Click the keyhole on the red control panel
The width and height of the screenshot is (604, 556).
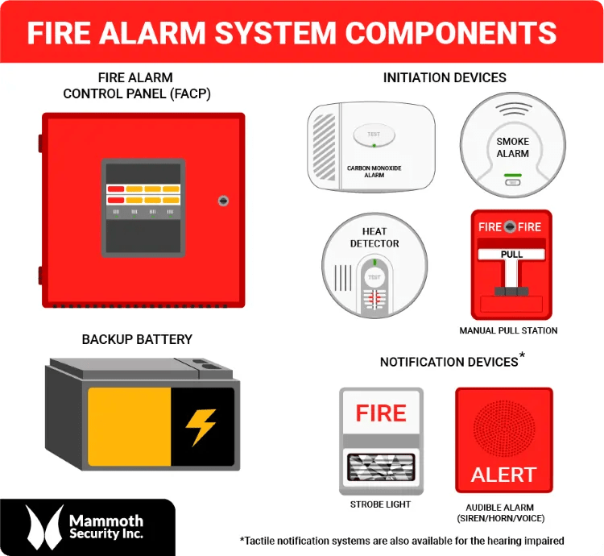point(223,201)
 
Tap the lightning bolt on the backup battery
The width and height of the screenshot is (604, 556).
point(201,427)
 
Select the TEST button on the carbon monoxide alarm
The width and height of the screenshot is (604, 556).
point(374,135)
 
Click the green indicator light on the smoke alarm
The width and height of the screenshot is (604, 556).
point(512,174)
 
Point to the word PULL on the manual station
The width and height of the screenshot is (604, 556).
point(511,255)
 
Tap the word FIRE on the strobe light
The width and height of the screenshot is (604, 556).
point(381,413)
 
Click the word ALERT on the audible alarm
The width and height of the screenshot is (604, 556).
point(503,475)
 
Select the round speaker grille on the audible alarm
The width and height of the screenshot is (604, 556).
point(504,428)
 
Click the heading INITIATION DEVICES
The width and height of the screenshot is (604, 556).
point(445,78)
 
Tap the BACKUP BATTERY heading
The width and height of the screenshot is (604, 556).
point(137,339)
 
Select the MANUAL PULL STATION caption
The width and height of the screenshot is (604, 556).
point(508,331)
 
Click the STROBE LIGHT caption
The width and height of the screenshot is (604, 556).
point(380,505)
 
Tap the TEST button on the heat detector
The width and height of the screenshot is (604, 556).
point(374,278)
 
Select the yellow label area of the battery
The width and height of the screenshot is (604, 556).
point(129,427)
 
